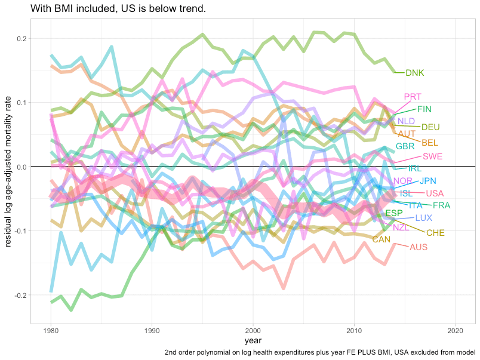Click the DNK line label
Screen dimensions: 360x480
(414, 73)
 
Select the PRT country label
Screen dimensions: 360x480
(412, 97)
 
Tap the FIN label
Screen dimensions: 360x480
(424, 109)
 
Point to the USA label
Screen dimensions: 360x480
(435, 193)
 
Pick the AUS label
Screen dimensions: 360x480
(419, 247)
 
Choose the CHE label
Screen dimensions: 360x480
(435, 233)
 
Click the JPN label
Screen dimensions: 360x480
(428, 181)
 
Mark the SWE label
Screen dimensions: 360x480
(432, 156)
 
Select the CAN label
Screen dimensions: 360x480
(381, 239)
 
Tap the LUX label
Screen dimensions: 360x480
(423, 218)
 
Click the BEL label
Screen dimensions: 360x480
(430, 143)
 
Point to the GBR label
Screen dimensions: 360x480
(405, 146)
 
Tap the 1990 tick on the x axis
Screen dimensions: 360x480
(152, 330)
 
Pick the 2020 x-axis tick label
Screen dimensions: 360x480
(456, 330)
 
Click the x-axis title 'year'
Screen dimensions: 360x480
(253, 340)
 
